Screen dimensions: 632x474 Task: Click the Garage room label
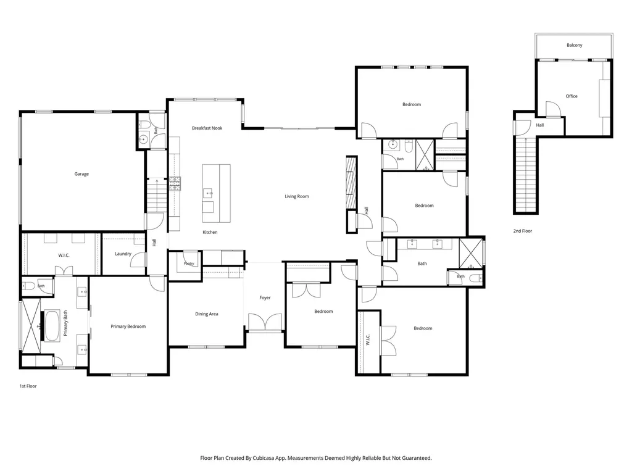[81, 174]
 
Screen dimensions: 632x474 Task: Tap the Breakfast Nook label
[207, 128]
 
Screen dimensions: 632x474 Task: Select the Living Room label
[297, 197]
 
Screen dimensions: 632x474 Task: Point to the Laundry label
[123, 254]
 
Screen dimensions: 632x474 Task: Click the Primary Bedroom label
[128, 326]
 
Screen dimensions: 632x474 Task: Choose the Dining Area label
[206, 314]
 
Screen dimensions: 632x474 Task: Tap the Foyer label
[265, 298]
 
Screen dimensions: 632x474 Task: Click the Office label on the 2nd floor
[572, 96]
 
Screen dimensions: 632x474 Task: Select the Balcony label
[575, 45]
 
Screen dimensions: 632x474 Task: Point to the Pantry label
[189, 264]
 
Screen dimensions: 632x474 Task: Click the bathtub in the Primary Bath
[52, 326]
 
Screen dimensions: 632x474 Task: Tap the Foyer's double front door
[265, 322]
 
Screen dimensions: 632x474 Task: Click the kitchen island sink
[208, 193]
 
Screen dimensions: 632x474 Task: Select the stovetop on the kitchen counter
[175, 184]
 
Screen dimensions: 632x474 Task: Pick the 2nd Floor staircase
[526, 175]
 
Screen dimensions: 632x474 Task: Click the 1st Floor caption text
[28, 386]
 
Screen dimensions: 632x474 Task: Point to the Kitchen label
[210, 233]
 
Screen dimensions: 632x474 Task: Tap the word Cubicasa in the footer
[264, 459]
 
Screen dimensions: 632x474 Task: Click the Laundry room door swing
[138, 259]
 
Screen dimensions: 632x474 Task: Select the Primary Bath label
[65, 323]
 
